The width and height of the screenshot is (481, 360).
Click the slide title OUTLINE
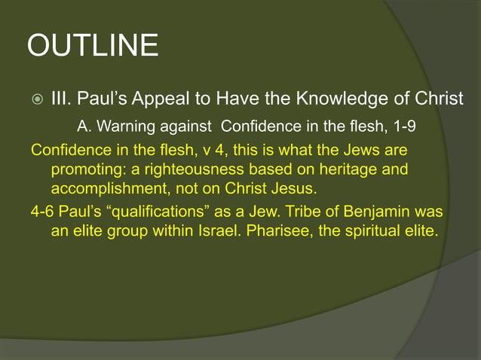click(x=93, y=46)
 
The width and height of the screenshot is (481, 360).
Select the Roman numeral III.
click(x=61, y=99)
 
